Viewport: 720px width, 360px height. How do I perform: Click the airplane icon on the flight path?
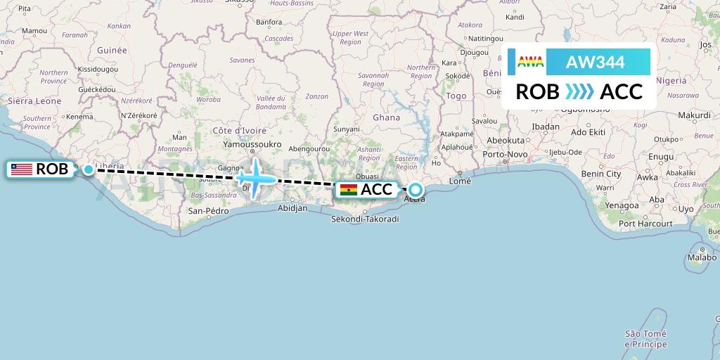click(x=255, y=176)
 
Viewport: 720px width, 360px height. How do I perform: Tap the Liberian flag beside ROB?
click(x=22, y=169)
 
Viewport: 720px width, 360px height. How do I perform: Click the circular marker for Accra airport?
click(x=416, y=189)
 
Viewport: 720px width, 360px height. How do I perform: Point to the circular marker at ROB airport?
click(x=89, y=169)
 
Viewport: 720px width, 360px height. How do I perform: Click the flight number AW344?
click(x=595, y=63)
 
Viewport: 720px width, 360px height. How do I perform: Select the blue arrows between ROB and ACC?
click(x=579, y=91)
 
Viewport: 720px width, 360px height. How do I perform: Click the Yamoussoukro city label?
click(x=252, y=144)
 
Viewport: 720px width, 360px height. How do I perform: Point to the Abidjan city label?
click(x=293, y=208)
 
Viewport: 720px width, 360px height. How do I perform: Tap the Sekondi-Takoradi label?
click(x=365, y=219)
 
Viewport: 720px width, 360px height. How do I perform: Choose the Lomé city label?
click(x=460, y=181)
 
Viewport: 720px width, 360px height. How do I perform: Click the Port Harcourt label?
click(x=645, y=224)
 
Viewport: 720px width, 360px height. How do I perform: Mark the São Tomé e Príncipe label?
click(x=647, y=339)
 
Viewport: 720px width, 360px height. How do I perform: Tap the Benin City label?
click(x=601, y=174)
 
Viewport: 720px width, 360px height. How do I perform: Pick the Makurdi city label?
click(x=695, y=115)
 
